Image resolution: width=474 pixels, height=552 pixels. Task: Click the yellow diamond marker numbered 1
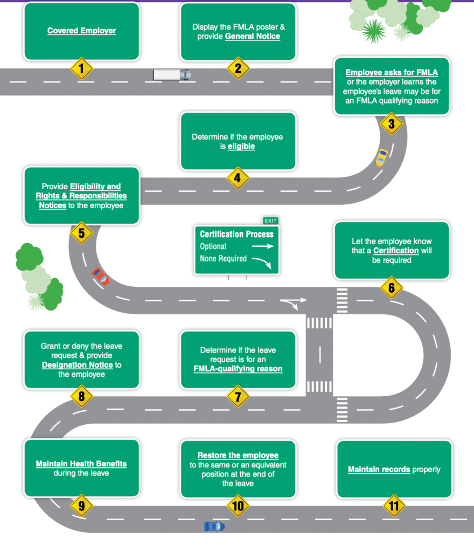[81, 68]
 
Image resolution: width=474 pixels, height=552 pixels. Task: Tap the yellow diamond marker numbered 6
[392, 288]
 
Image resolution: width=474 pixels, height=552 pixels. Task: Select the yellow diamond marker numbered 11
[394, 506]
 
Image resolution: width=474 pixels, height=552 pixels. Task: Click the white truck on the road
[171, 74]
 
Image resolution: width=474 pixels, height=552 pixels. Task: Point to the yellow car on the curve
[381, 157]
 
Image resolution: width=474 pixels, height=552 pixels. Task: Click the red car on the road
[100, 277]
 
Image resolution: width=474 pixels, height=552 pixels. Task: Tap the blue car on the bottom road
[214, 526]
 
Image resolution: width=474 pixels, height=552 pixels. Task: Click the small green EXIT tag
[270, 220]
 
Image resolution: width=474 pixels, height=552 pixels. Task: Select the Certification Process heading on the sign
[236, 234]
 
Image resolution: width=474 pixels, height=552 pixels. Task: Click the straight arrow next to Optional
[263, 246]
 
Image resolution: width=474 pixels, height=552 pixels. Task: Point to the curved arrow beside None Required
[263, 262]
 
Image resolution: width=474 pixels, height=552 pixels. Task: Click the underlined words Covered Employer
[81, 31]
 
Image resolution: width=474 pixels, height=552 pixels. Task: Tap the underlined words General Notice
[252, 36]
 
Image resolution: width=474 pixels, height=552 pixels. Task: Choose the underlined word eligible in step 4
[241, 146]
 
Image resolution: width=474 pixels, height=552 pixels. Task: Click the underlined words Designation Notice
[77, 365]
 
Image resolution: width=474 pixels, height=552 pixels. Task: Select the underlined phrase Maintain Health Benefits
[81, 464]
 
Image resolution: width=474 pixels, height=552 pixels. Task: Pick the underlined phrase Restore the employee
[238, 456]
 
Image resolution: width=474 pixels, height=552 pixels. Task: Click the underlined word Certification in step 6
[396, 251]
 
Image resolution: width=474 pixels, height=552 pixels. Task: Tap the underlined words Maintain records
[379, 469]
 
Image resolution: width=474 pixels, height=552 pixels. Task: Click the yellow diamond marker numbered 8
[81, 398]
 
